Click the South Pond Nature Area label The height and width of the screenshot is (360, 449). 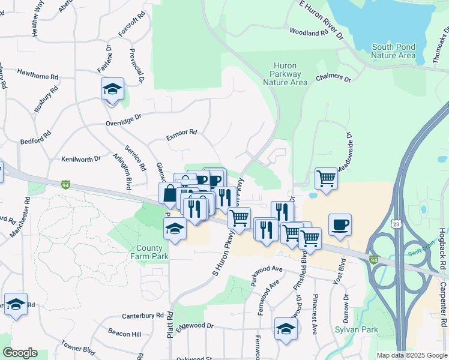tap(393, 51)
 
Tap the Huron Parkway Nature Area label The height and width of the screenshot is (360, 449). tap(285, 74)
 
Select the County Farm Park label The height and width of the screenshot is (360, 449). tap(149, 252)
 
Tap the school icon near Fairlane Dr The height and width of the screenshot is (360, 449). tap(112, 89)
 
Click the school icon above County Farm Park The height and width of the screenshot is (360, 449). tap(175, 229)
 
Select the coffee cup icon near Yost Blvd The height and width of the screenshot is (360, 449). tap(340, 224)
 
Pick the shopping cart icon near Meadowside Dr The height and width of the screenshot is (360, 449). tap(326, 178)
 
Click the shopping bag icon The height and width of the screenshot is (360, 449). tap(170, 194)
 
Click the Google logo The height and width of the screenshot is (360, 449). tap(20, 353)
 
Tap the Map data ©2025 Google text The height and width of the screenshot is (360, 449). tap(411, 355)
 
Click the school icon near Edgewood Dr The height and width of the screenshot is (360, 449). tap(286, 328)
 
